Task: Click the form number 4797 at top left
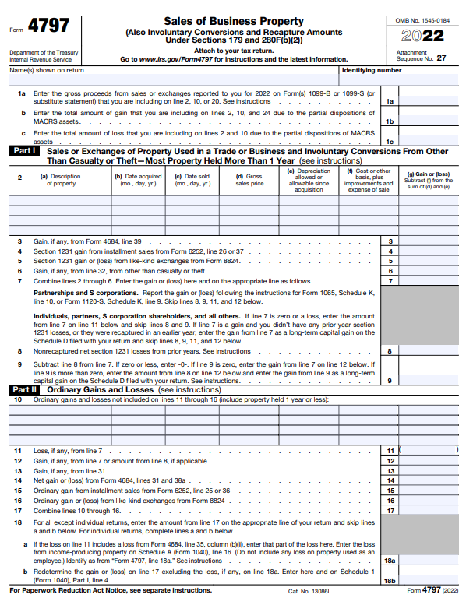pyautogui.click(x=48, y=26)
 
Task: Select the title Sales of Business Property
pyautogui.click(x=233, y=21)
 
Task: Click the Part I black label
pyautogui.click(x=24, y=152)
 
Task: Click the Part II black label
pyautogui.click(x=24, y=389)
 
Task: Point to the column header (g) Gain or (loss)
pyautogui.click(x=429, y=178)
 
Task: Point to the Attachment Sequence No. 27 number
pyautogui.click(x=441, y=58)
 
